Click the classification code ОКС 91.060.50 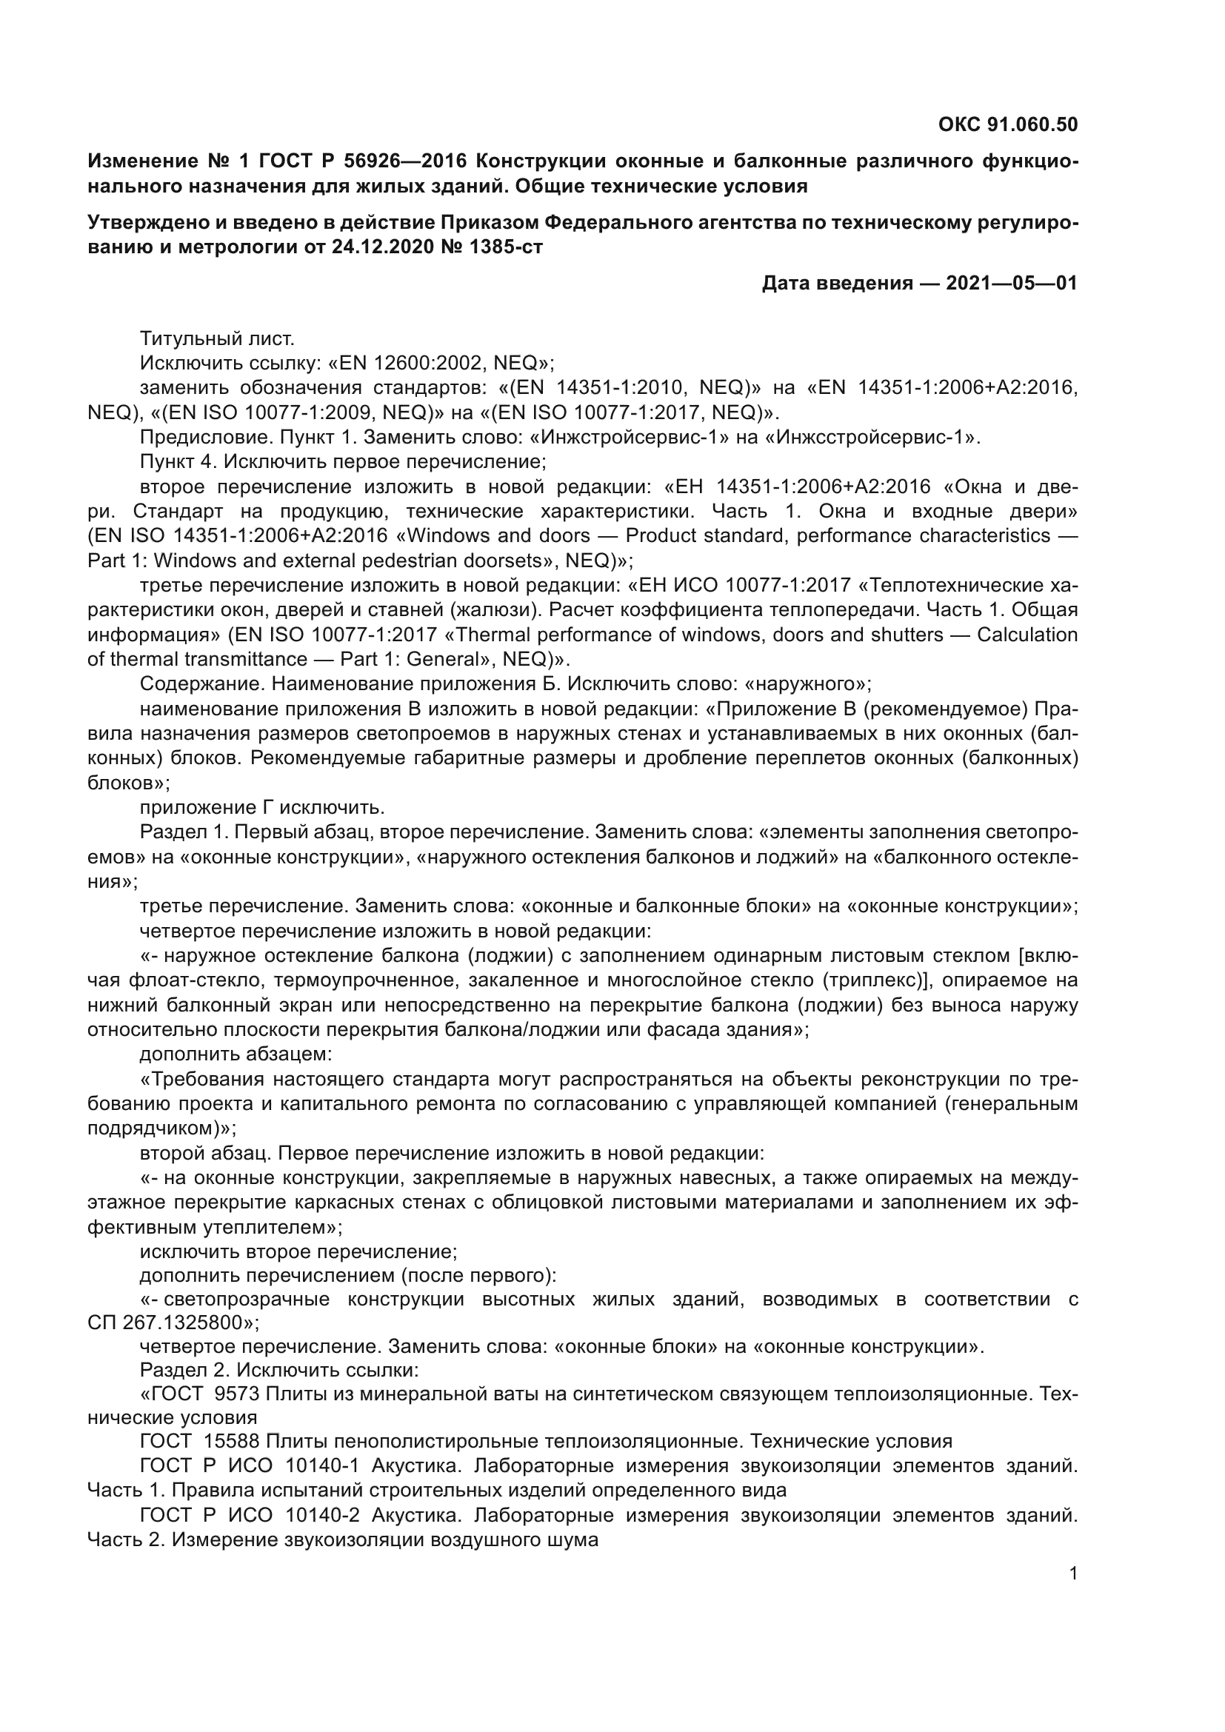coord(1008,124)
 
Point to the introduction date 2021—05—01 coord(1011,284)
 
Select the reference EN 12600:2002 coord(409,364)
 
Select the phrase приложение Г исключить coord(262,808)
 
